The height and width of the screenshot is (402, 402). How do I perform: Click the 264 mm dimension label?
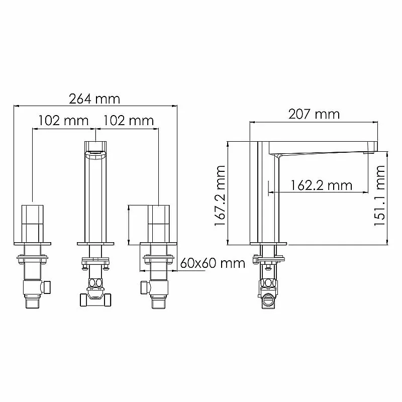94,99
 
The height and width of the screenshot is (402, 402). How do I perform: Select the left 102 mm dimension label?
64,120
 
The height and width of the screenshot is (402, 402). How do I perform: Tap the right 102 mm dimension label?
128,120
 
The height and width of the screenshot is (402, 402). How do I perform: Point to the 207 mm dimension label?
314,114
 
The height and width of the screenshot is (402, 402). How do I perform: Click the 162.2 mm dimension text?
322,185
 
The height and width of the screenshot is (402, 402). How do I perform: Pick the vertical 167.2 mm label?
220,195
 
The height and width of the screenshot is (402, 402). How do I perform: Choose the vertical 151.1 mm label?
380,195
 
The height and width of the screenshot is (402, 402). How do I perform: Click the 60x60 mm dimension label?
213,263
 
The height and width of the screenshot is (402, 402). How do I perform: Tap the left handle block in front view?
32,224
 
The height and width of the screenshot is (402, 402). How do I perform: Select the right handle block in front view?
159,224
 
